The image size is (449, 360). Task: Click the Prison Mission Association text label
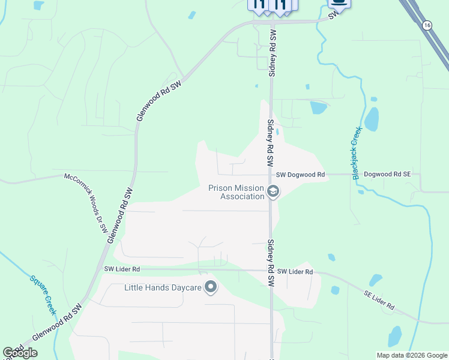236,192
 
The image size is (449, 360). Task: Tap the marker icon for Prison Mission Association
273,192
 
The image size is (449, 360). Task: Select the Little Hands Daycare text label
162,287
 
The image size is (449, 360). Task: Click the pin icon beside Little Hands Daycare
210,287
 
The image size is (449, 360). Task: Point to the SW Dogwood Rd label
300,175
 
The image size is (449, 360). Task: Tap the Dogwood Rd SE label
387,174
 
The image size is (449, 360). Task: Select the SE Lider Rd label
379,301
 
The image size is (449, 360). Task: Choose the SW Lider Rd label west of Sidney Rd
122,269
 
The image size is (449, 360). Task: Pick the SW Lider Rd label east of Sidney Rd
295,272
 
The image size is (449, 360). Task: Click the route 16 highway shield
426,25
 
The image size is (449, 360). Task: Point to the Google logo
20,353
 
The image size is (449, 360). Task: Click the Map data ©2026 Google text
411,355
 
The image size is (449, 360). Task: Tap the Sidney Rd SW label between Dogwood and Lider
270,263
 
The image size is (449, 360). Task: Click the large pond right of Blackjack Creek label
372,120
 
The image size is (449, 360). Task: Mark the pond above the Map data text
394,337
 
